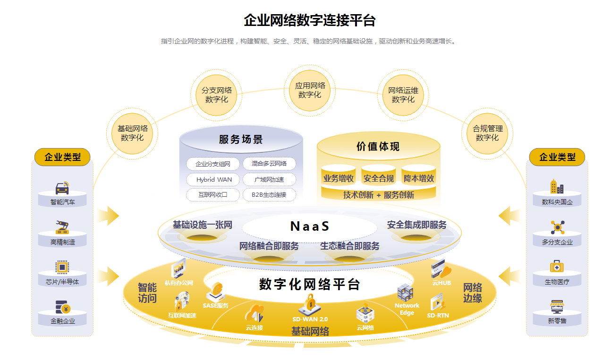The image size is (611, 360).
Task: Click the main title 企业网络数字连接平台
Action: pyautogui.click(x=309, y=20)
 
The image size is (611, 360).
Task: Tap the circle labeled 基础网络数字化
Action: pyautogui.click(x=132, y=133)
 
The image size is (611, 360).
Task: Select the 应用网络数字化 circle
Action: pyautogui.click(x=310, y=90)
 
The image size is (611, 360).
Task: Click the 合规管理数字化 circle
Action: pyautogui.click(x=487, y=133)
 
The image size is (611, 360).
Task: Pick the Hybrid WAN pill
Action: pyautogui.click(x=214, y=180)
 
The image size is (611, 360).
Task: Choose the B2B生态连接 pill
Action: pyautogui.click(x=269, y=194)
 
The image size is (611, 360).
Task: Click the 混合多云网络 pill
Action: pyautogui.click(x=269, y=164)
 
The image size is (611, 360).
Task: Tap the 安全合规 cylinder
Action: pyautogui.click(x=378, y=178)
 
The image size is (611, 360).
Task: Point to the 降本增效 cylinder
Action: pyautogui.click(x=418, y=178)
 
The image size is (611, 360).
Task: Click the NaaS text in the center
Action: pyautogui.click(x=309, y=226)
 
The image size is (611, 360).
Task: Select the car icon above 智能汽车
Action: pyautogui.click(x=62, y=188)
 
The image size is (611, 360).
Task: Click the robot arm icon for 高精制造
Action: pyautogui.click(x=62, y=227)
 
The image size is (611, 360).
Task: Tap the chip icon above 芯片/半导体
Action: pyautogui.click(x=62, y=267)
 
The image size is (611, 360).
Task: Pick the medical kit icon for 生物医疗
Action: pyautogui.click(x=557, y=267)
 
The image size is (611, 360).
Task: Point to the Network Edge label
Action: pyautogui.click(x=407, y=309)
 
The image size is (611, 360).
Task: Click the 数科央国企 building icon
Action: pyautogui.click(x=557, y=187)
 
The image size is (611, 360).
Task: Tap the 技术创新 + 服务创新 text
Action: pyautogui.click(x=378, y=195)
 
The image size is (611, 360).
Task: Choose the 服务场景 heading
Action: pyautogui.click(x=241, y=140)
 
